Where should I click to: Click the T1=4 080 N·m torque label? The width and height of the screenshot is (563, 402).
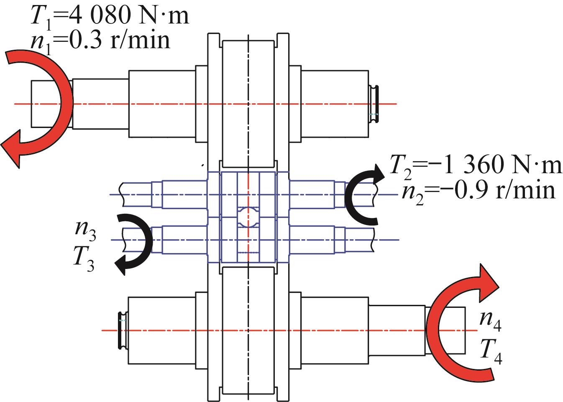point(110,16)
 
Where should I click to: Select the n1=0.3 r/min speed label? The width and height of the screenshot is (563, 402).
point(100,41)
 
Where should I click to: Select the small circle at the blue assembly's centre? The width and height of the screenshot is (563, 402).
point(248,217)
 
